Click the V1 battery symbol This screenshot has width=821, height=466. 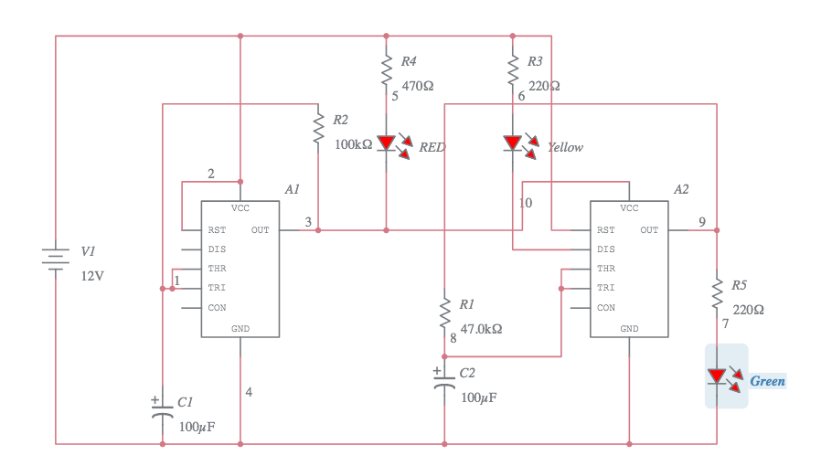click(56, 258)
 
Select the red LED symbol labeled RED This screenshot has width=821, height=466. click(387, 143)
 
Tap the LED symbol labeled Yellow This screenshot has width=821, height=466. click(513, 143)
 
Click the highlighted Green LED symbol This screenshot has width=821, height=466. click(719, 376)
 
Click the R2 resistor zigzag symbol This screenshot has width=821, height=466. click(318, 127)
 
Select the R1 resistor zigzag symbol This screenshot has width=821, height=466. click(444, 312)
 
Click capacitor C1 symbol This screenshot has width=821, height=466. click(163, 410)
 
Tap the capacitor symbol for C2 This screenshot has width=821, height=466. click(444, 381)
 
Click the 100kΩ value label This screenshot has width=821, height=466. click(354, 144)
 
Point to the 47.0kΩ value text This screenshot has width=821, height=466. click(481, 328)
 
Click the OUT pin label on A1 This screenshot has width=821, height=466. click(261, 230)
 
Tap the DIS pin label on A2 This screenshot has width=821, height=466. click(605, 249)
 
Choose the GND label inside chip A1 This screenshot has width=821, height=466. click(240, 329)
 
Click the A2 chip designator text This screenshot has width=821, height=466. click(680, 189)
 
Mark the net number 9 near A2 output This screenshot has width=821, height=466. click(701, 222)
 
